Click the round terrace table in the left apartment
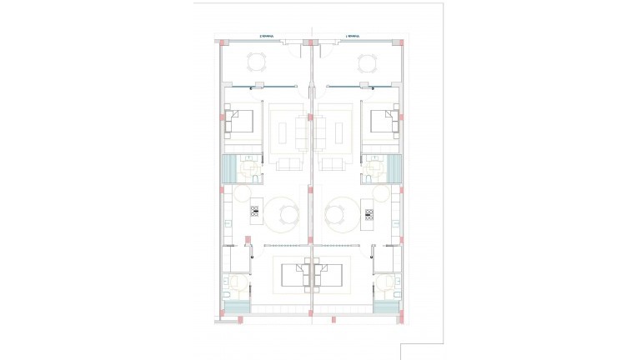tap(258, 62)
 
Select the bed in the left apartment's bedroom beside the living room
tap(242, 122)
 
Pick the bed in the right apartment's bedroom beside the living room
tap(383, 122)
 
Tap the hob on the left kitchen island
tap(255, 213)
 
